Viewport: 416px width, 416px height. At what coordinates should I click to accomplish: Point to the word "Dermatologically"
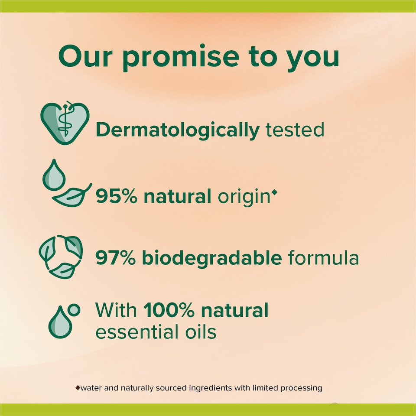pos(177,130)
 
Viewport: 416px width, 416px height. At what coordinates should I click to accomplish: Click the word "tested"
pos(295,130)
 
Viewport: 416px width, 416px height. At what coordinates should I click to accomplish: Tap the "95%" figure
pos(117,196)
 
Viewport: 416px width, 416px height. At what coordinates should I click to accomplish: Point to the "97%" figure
pos(117,258)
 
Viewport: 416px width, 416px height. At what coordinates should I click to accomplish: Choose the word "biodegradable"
pos(213,258)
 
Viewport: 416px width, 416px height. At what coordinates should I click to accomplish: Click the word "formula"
pos(323,258)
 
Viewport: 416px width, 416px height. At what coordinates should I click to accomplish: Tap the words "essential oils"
pos(156,332)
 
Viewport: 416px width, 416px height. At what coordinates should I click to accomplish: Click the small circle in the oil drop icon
pos(75,309)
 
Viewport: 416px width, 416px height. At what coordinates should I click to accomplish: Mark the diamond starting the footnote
pos(78,387)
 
